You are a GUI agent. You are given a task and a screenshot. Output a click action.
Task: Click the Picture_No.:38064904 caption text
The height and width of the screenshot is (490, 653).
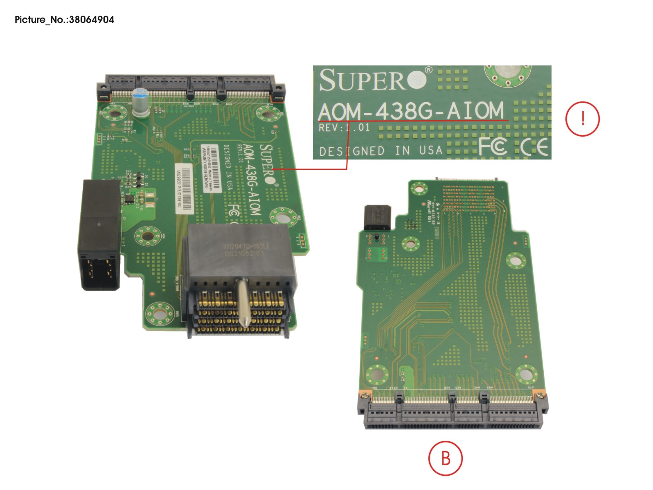64,20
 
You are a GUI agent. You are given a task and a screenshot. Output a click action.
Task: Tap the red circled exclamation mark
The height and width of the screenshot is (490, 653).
582,119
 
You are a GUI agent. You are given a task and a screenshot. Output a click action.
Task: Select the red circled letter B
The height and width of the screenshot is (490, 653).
445,458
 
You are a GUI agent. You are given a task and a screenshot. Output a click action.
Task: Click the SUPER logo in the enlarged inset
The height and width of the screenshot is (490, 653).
372,80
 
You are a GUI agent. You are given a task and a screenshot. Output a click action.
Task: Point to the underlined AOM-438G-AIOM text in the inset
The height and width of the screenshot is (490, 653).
411,111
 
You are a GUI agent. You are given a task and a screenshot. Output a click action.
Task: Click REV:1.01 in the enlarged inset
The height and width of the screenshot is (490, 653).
344,127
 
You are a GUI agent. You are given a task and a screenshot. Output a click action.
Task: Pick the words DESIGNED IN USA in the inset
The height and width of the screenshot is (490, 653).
381,151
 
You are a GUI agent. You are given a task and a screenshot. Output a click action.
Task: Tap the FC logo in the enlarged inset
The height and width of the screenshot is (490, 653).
493,146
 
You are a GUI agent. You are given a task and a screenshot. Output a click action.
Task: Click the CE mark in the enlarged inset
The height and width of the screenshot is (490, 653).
534,147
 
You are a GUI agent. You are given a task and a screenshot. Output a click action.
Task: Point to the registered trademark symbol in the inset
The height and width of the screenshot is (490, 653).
428,70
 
